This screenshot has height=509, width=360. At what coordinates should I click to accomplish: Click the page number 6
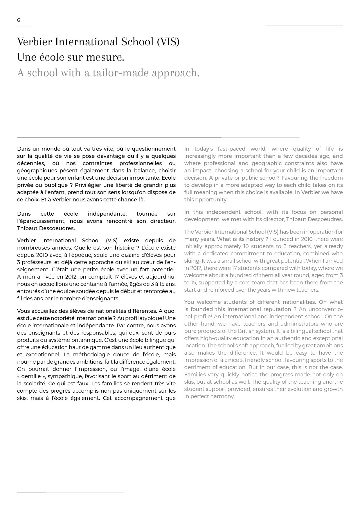19,20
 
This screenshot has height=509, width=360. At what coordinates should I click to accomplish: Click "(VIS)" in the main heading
168,42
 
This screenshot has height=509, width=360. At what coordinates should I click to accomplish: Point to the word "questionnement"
154,149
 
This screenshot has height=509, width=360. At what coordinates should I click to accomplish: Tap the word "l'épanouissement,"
41,221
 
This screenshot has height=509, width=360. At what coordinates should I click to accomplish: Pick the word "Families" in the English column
195,375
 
